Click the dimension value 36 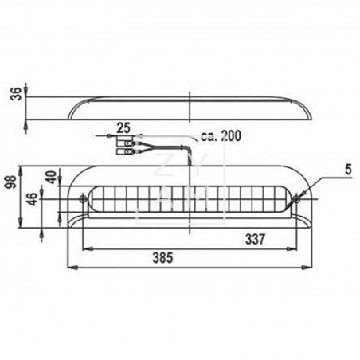point(16,93)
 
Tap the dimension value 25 point(123,127)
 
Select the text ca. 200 point(221,135)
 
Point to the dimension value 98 point(13,182)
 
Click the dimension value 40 point(51,178)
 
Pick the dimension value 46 point(33,199)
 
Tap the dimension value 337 point(255,239)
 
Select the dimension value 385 point(163,257)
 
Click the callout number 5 point(348,170)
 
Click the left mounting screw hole point(83,198)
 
